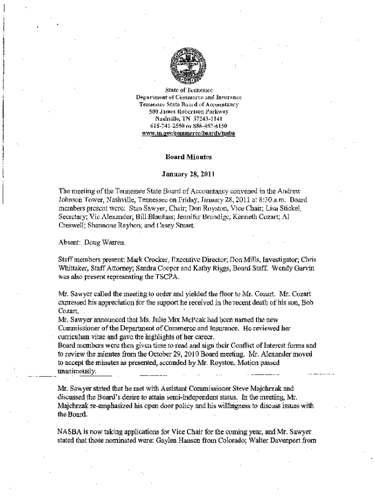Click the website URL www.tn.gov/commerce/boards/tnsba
pyautogui.click(x=187, y=133)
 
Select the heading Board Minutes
pyautogui.click(x=187, y=157)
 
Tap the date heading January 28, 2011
pyautogui.click(x=187, y=173)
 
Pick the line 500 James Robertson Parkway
pyautogui.click(x=187, y=112)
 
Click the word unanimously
pyautogui.click(x=77, y=370)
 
